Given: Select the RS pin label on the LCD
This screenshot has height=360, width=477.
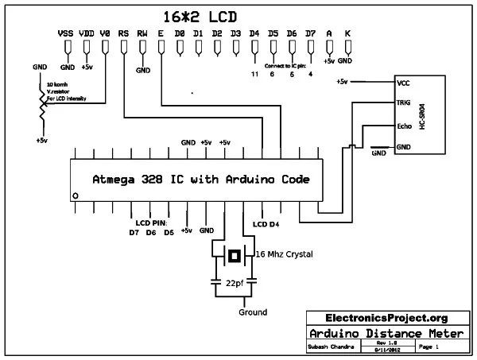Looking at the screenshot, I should coord(123,34).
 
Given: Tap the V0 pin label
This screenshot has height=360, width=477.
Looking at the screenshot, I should coord(105,34).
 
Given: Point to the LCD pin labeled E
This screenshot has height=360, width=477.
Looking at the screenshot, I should coord(161,34).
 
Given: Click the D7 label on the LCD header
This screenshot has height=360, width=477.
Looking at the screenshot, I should coord(310,34).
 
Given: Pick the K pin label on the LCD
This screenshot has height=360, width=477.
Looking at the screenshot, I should coord(348,34).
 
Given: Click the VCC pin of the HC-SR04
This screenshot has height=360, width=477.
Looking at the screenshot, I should coord(404,82).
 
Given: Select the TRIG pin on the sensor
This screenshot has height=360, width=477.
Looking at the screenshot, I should coord(405,103).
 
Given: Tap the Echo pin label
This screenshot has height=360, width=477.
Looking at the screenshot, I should coord(405,126).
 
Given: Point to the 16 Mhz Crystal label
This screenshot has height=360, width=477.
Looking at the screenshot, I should coord(284,254).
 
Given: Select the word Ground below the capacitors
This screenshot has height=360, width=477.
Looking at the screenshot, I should coord(253,312).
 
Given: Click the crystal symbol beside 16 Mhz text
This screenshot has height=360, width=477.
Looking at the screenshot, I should coord(234,255).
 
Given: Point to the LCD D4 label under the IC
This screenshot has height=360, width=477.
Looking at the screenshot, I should coord(266,225).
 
